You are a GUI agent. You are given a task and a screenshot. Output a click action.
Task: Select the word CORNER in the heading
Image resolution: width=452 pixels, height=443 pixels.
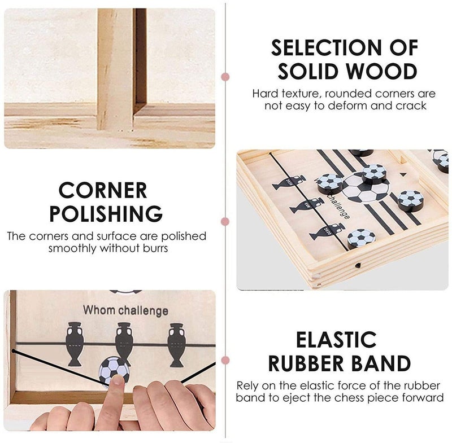click(x=103, y=190)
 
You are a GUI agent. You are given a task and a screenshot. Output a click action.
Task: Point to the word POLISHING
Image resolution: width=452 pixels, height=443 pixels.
click(x=106, y=213)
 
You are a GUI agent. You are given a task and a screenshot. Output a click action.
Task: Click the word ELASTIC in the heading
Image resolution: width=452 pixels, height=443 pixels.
click(x=336, y=340)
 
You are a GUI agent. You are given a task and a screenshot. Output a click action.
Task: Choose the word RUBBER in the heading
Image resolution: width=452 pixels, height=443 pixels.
click(x=306, y=363)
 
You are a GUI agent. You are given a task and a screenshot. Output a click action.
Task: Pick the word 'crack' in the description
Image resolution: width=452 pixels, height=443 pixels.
click(x=411, y=106)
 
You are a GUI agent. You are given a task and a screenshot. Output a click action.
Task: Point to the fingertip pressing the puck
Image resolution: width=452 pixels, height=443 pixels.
click(x=118, y=380)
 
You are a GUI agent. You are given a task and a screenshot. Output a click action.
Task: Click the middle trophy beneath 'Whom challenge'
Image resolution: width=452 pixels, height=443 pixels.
click(x=124, y=344)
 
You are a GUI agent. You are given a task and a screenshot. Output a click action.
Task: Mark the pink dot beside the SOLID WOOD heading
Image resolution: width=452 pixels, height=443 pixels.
click(x=225, y=77)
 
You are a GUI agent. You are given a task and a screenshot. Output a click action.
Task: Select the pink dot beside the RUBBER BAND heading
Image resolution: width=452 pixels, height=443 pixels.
click(x=225, y=361)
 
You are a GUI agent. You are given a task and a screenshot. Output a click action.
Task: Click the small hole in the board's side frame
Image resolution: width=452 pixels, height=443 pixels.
click(x=358, y=265)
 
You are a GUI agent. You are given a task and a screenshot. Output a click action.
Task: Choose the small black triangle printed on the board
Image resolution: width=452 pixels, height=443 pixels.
click(x=403, y=174)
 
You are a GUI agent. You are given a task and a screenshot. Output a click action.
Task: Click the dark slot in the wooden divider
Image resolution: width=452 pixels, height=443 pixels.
click(x=140, y=58)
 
